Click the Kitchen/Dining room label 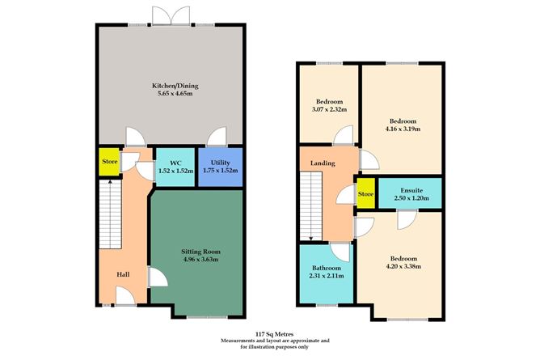point(171,85)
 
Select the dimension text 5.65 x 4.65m point(171,94)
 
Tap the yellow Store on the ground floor point(108,160)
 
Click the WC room point(173,167)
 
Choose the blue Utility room point(216,167)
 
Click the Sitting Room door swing point(158,279)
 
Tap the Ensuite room point(410,192)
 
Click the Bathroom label point(327,268)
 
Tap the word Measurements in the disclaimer point(243,341)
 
